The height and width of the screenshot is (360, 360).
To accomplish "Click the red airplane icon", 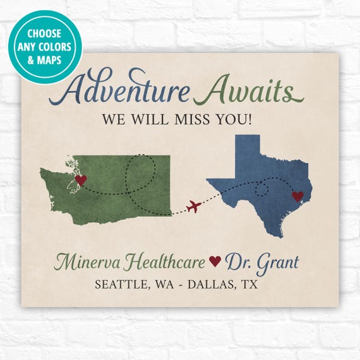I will coord(195,206).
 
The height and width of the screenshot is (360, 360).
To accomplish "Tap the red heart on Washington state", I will coord(80,180).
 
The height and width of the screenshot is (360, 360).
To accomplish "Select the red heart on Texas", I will coord(297,196).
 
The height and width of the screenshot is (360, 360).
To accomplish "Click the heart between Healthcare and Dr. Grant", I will coord(215,261).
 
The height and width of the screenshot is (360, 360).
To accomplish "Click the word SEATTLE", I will coord(121,284).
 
